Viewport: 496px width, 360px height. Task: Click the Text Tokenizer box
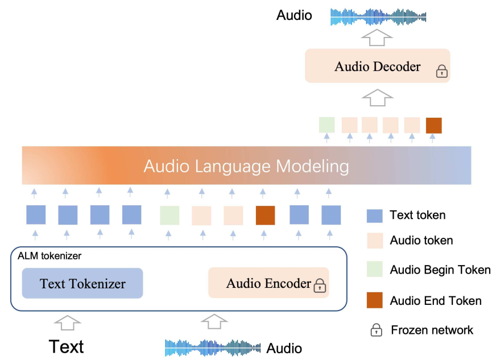click(x=82, y=283)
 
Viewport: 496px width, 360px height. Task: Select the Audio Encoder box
click(x=268, y=283)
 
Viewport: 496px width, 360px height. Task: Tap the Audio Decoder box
click(x=377, y=66)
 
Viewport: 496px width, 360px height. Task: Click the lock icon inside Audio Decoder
click(x=441, y=71)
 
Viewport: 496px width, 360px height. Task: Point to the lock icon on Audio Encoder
click(x=320, y=285)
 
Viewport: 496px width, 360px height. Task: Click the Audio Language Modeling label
click(x=246, y=166)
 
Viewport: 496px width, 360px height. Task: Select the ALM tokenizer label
click(x=49, y=256)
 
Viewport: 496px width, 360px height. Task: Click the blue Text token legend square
click(x=375, y=216)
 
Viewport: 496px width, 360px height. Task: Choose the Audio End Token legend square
click(x=375, y=301)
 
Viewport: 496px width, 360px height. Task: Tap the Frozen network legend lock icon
click(x=376, y=330)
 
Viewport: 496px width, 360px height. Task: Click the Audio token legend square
click(x=375, y=241)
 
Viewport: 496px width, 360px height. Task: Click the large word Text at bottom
click(x=66, y=346)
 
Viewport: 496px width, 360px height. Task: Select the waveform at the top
click(x=378, y=16)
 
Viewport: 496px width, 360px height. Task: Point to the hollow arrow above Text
click(x=67, y=322)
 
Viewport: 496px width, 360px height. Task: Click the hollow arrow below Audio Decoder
click(x=377, y=97)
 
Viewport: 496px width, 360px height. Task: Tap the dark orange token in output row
click(x=433, y=125)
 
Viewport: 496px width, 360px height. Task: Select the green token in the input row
click(x=170, y=216)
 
